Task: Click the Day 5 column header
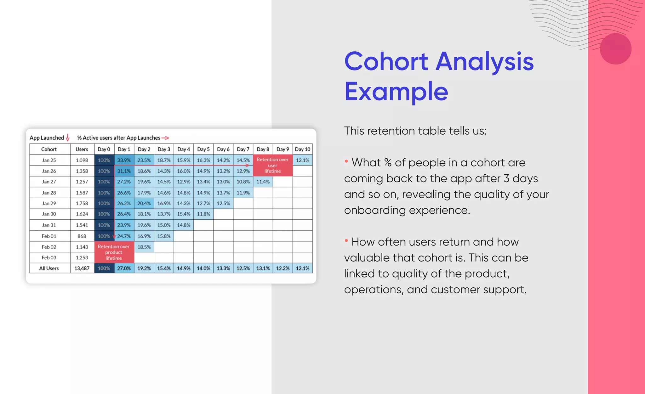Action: click(x=203, y=149)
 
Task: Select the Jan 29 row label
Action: click(x=49, y=203)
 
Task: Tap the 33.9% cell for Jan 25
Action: click(x=124, y=160)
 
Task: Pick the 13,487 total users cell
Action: click(x=82, y=268)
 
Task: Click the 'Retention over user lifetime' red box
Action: click(x=272, y=165)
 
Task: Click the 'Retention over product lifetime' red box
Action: click(x=114, y=252)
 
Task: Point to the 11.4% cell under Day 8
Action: click(x=263, y=182)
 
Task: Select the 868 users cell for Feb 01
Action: click(x=82, y=236)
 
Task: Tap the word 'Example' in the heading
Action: click(x=396, y=91)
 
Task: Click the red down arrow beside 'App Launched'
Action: click(x=67, y=138)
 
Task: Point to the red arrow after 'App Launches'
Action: click(x=165, y=138)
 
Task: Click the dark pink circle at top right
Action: click(x=615, y=49)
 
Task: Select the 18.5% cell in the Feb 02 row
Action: click(x=144, y=247)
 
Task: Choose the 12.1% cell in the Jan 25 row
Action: click(x=303, y=160)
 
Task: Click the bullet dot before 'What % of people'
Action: click(x=346, y=161)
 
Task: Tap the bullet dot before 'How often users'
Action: click(x=346, y=241)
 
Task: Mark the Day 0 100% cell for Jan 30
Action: click(x=104, y=214)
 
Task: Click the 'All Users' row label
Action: click(x=49, y=268)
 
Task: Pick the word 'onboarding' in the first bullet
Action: click(x=375, y=210)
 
